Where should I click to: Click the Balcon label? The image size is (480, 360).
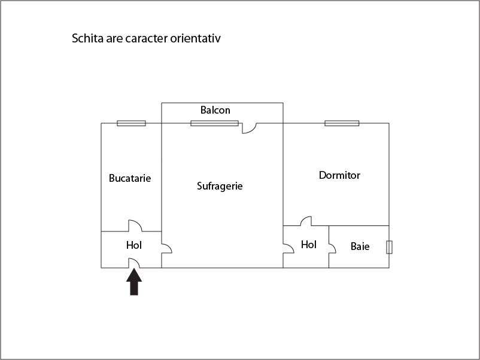pos(215,110)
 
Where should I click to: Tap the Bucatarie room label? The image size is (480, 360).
pos(130,178)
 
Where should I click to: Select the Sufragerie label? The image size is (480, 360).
pos(220,186)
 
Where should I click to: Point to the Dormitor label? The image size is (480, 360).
pos(339,175)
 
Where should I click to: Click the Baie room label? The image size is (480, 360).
pos(360,246)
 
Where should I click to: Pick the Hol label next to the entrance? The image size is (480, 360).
pos(134,245)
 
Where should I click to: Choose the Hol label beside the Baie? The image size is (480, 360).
pos(309,245)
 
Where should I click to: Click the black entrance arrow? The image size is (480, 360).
pos(134,282)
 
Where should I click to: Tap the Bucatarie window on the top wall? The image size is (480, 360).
pos(131,123)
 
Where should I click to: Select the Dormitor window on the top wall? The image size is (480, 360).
pos(342,123)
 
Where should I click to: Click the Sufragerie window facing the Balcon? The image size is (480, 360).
pos(215,123)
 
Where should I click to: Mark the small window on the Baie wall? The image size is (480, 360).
pos(390,247)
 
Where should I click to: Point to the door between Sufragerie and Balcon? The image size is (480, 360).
pos(250,128)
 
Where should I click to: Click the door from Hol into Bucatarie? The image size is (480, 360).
pos(135,225)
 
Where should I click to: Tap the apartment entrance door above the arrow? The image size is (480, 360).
pos(134,263)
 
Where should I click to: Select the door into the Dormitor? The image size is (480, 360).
pos(306,221)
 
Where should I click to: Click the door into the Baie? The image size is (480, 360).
pos(332,248)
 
